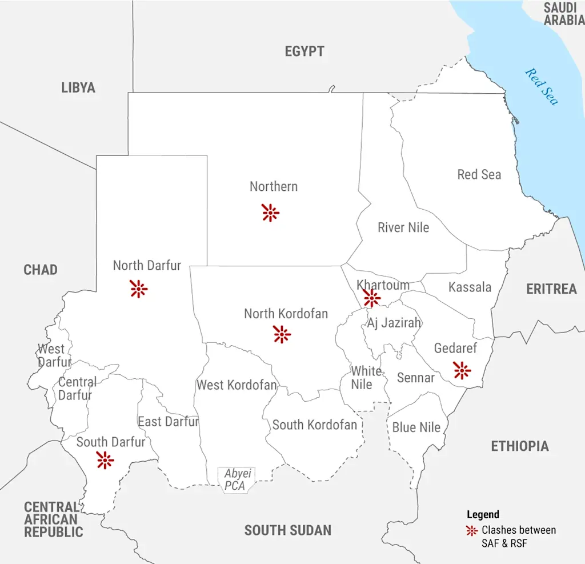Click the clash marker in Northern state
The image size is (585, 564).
(x=270, y=213)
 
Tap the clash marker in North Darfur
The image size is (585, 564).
(x=138, y=289)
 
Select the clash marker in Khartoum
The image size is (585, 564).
(x=371, y=298)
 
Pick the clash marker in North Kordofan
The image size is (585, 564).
(x=282, y=334)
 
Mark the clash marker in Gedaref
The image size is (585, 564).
(x=462, y=370)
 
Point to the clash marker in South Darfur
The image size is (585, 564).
(x=105, y=460)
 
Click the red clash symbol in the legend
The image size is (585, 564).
(x=472, y=530)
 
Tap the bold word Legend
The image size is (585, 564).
(x=483, y=514)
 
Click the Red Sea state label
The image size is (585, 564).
(x=479, y=175)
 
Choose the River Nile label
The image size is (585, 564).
(x=403, y=227)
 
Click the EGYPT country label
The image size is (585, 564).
(x=304, y=51)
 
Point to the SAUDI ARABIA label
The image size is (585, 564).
(x=563, y=14)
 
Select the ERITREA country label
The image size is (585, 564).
(x=551, y=289)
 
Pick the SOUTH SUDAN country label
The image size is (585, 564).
(x=288, y=530)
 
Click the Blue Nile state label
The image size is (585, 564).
(x=416, y=427)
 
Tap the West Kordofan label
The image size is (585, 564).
(x=237, y=385)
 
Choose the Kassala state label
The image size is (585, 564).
(x=470, y=287)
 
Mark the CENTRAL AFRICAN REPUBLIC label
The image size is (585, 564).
(x=53, y=519)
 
